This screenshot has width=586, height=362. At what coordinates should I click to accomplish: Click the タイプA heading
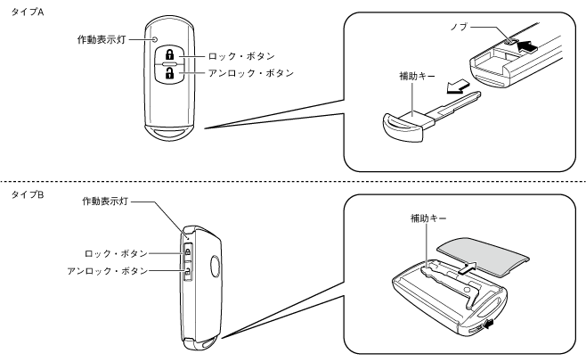pos(28,12)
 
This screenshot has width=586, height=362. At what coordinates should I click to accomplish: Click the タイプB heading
pos(28,194)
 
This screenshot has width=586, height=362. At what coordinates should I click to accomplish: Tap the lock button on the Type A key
pos(170,54)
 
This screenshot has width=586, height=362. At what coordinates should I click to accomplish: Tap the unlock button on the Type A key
pos(170,74)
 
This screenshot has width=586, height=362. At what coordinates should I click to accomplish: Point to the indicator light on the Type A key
pos(155,39)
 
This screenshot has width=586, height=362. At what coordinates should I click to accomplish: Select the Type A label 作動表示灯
pos(102,39)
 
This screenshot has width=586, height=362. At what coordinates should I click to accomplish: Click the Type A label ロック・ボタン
pos(242,56)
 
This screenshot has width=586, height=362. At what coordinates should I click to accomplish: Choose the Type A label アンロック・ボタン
pos(251,73)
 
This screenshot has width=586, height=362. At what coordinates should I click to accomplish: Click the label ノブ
pos(460,27)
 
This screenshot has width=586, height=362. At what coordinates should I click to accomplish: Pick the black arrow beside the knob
pos(527,46)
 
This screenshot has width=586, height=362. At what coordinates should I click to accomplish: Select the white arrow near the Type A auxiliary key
pos(457,86)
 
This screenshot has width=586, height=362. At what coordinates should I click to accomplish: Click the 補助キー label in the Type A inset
pos(417,77)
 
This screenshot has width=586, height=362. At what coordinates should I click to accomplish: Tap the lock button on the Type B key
pos(188,251)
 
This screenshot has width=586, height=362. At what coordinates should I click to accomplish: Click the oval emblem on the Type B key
pos(215,266)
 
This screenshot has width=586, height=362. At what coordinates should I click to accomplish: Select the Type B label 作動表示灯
pos(105,202)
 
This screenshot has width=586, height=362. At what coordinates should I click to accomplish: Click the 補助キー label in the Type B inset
pos(428,218)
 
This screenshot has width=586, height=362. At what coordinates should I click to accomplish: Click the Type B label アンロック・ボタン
pos(108,271)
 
